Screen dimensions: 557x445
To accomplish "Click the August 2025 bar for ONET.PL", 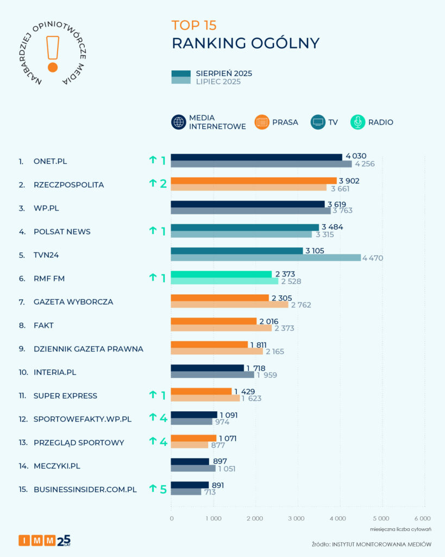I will click(256, 157).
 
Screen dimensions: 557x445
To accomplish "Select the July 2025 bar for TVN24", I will click(265, 258).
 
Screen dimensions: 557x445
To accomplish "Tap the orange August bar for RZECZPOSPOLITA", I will click(253, 181).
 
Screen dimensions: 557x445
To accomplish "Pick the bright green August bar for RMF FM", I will click(221, 274).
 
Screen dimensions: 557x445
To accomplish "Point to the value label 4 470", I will click(372, 258).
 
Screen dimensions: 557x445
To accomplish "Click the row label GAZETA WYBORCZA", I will click(73, 302).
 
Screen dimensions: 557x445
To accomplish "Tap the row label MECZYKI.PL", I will click(57, 466).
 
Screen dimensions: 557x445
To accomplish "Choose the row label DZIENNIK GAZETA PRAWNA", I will click(88, 349).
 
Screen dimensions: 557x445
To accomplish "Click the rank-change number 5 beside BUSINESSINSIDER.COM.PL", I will click(163, 490).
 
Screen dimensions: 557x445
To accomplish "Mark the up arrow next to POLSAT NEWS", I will click(153, 231).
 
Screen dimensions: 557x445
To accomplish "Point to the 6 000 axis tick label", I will click(422, 518).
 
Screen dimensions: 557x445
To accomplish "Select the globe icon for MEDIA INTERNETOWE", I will click(179, 122).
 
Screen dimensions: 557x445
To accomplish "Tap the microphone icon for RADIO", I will click(358, 122).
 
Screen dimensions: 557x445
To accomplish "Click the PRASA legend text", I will click(285, 122).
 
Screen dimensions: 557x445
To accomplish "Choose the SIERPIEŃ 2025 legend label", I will click(224, 73).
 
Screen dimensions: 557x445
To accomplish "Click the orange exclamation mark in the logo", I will click(53, 54).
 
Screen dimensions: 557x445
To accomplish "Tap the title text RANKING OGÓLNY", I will click(246, 44).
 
